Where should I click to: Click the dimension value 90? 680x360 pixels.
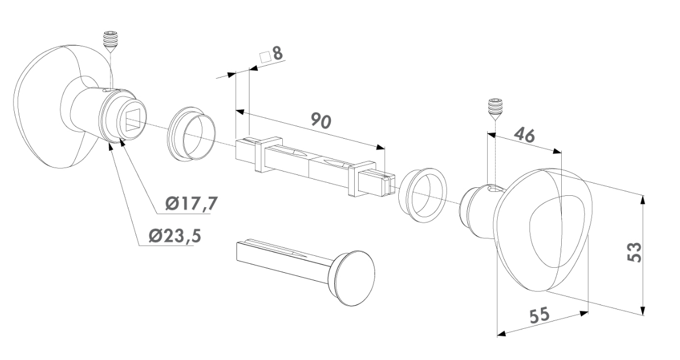pyautogui.click(x=321, y=121)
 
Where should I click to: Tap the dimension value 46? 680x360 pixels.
pyautogui.click(x=524, y=135)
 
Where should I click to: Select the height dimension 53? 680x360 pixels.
pyautogui.click(x=634, y=252)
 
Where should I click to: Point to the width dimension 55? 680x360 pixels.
pyautogui.click(x=540, y=315)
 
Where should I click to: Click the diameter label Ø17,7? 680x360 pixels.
pyautogui.click(x=192, y=203)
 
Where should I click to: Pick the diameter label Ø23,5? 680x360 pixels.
pyautogui.click(x=175, y=235)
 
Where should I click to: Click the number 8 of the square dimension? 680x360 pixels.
pyautogui.click(x=277, y=53)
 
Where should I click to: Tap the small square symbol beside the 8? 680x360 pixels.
pyautogui.click(x=265, y=57)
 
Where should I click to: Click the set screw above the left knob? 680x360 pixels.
pyautogui.click(x=111, y=42)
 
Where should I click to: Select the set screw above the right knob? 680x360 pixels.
pyautogui.click(x=495, y=109)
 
